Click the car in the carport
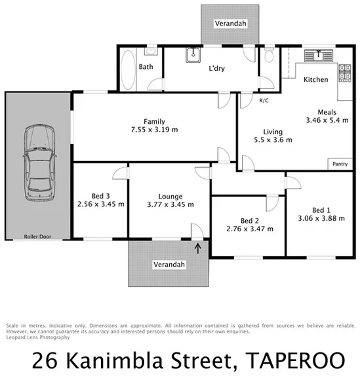37,163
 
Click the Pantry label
340,164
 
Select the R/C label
264,100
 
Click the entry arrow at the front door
198,248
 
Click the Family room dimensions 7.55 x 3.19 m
155,130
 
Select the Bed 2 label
249,220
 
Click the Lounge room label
169,196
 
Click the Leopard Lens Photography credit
37,337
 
